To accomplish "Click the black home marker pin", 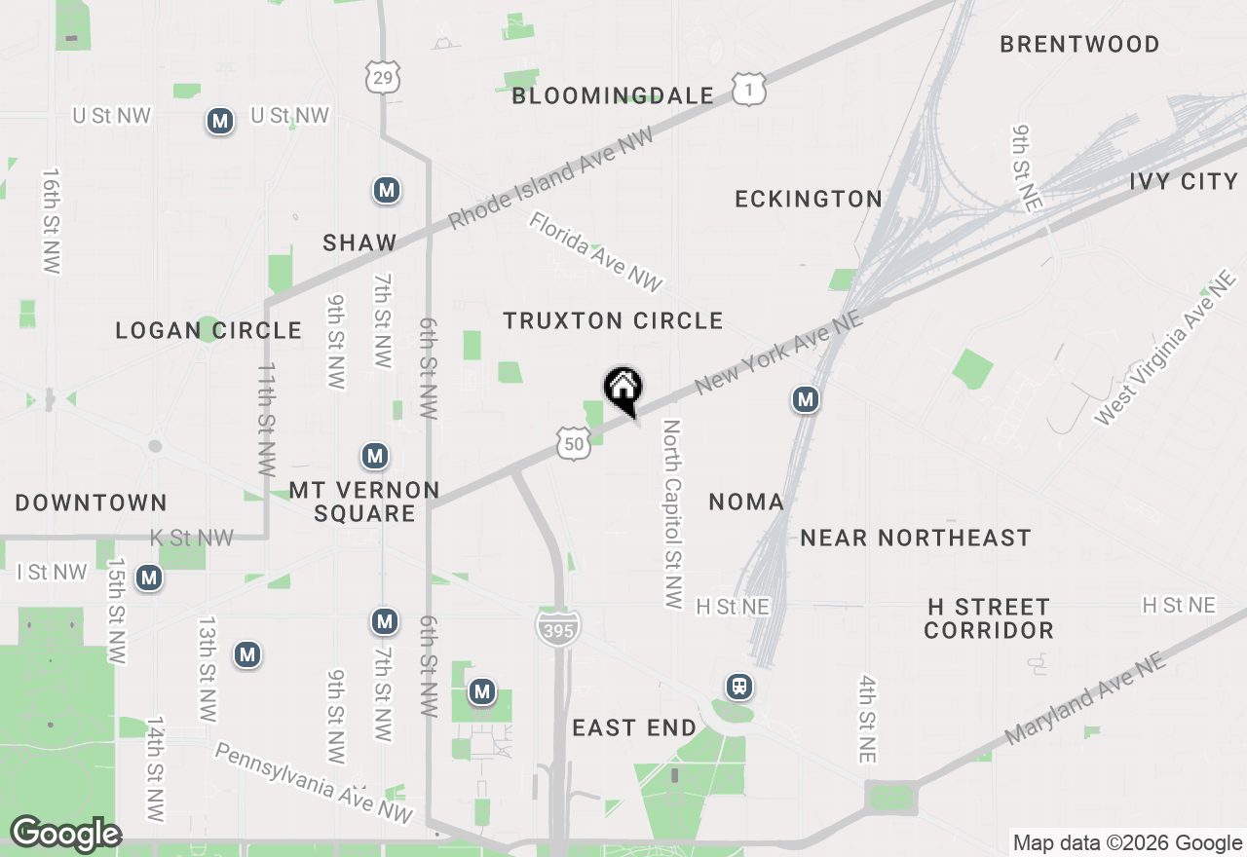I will click(623, 390).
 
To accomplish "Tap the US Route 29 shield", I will click(383, 77).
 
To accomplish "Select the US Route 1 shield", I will click(749, 91).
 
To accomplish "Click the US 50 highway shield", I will click(575, 444).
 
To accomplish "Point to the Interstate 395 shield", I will click(559, 626).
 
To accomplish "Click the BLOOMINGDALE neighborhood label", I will click(613, 95).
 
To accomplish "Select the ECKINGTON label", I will click(809, 199).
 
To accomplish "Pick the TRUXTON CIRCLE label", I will click(613, 320).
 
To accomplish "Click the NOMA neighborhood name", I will click(746, 502).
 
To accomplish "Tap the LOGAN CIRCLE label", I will click(208, 330).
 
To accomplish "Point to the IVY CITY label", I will click(1184, 181).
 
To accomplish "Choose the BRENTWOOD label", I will click(1079, 44).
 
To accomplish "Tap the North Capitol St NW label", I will click(672, 514).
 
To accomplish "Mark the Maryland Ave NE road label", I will click(1084, 699).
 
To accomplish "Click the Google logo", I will click(65, 834).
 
